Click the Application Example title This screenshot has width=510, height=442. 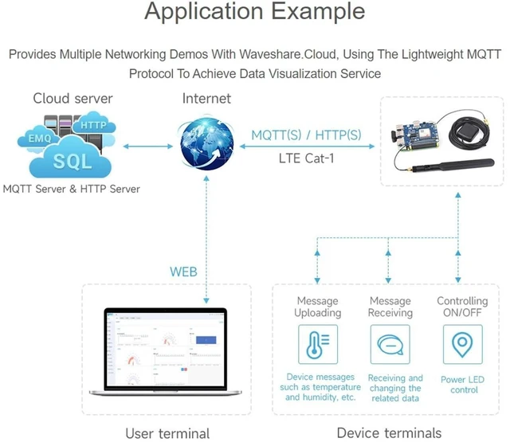tap(255, 12)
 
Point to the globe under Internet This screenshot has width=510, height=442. tap(207, 143)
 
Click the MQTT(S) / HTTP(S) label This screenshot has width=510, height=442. tap(306, 135)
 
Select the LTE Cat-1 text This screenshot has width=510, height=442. tap(306, 158)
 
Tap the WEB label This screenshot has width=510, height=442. tap(183, 272)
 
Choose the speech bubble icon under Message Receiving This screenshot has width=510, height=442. tap(390, 345)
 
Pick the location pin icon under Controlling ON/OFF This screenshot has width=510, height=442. tap(462, 345)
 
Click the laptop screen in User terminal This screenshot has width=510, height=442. tap(166, 349)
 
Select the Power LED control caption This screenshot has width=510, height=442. tap(462, 385)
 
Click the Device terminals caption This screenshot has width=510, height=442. tap(389, 433)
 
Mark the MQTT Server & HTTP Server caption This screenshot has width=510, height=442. tap(71, 189)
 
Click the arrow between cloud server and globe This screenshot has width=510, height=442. tap(148, 147)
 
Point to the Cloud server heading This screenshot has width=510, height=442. tap(73, 98)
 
